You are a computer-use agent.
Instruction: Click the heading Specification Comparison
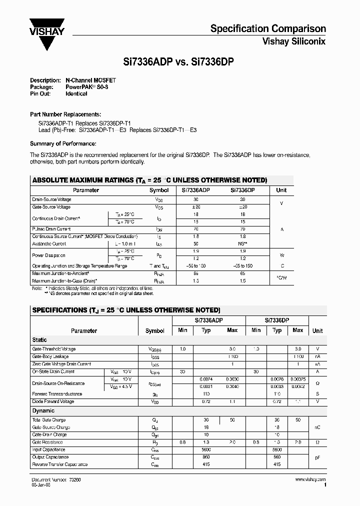(268, 28)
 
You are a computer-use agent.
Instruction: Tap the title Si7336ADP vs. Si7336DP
(179, 61)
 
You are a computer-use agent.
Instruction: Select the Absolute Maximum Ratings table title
(149, 180)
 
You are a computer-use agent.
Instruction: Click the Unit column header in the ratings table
(281, 190)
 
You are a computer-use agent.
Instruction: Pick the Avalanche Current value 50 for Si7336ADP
(195, 243)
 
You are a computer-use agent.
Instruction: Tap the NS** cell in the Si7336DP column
(243, 243)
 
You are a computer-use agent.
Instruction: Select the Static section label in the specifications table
(40, 339)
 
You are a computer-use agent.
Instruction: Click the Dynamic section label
(43, 410)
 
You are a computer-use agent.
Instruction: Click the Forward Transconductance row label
(57, 394)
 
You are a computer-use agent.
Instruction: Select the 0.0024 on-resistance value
(205, 379)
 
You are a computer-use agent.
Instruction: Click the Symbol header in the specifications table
(154, 330)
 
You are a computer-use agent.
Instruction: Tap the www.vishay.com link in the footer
(310, 479)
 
